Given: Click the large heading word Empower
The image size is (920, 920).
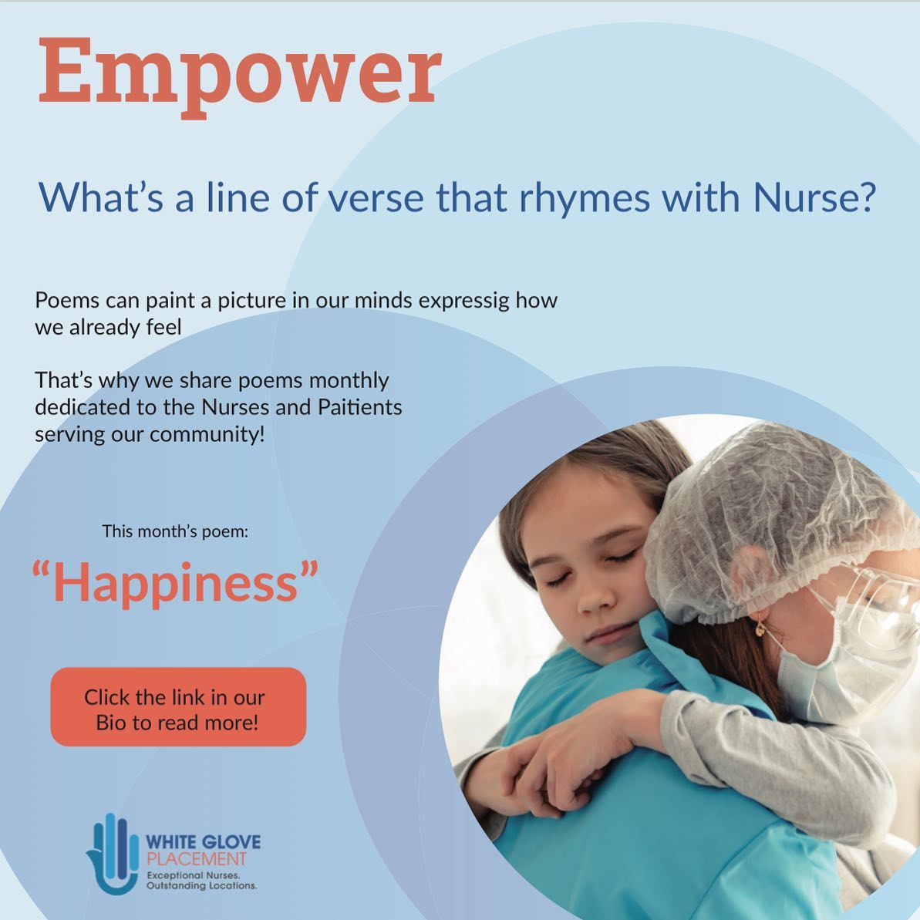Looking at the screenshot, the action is [239, 75].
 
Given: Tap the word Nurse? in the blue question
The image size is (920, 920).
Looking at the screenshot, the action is [814, 197].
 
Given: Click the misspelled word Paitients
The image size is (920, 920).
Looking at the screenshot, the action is [359, 406].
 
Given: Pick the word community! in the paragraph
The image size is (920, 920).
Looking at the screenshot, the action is [207, 435].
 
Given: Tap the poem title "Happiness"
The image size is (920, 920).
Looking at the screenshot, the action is [175, 581].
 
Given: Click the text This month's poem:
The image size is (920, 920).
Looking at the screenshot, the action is [175, 531].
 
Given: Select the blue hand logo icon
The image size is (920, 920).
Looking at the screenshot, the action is [113, 854].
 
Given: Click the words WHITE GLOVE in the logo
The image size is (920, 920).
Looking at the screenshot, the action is [203, 842].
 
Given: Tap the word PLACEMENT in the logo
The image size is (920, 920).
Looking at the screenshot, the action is [196, 860].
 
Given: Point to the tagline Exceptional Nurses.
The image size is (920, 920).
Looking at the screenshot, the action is [193, 875].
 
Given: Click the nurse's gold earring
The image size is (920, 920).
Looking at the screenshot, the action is [760, 628].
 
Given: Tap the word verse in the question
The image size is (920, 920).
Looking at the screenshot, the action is [376, 198].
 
